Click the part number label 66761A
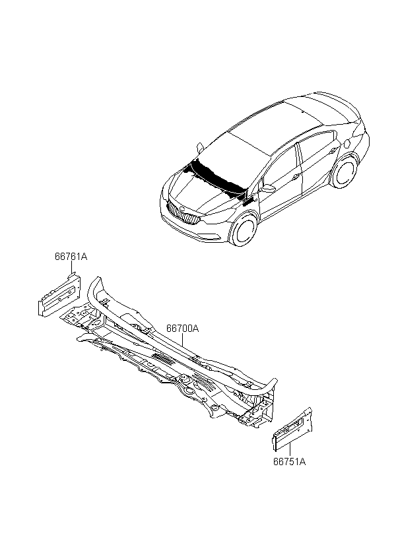71,257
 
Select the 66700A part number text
183,328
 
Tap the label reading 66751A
289,462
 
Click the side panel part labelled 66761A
59,295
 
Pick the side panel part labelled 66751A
292,429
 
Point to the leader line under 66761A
72,267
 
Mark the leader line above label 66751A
290,449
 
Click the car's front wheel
244,229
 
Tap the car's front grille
183,213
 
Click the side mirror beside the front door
268,188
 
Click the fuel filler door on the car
347,142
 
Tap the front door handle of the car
296,176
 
